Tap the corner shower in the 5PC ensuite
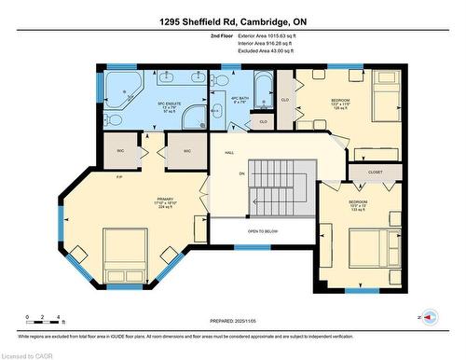[x=194, y=116]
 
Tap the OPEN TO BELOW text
[x=263, y=230]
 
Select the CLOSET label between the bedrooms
[x=375, y=172]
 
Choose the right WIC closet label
[x=187, y=150]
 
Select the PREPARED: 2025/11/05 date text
[x=233, y=320]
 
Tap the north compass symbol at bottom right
[x=428, y=317]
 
